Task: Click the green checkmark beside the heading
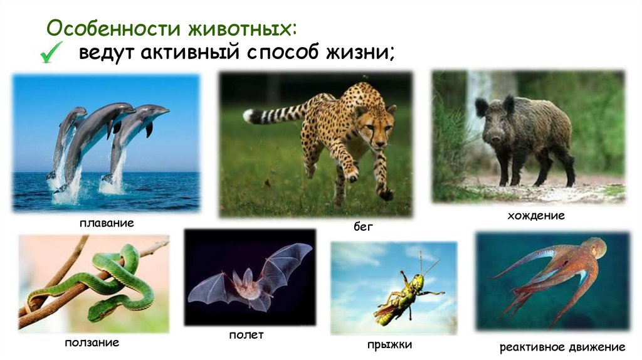[50, 53]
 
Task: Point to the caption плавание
[107, 223]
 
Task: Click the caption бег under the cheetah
[363, 226]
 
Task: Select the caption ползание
[92, 343]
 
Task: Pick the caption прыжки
[390, 344]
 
